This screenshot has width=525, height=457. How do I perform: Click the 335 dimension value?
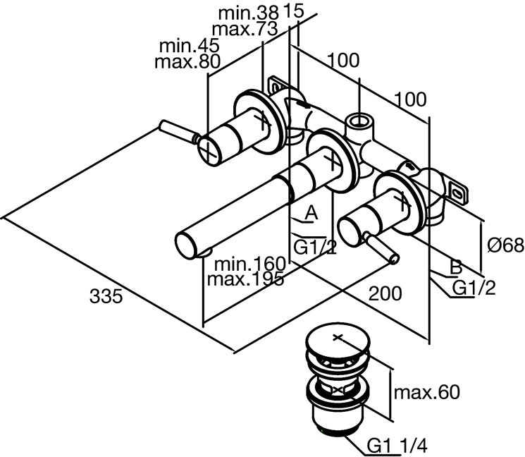point(106,296)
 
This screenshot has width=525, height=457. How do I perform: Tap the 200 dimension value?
point(386,292)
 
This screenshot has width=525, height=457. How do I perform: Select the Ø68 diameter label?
point(505,245)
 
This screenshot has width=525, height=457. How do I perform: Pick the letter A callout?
point(311,211)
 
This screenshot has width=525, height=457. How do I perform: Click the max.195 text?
point(246,279)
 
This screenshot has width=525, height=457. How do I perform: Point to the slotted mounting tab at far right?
point(458,190)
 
